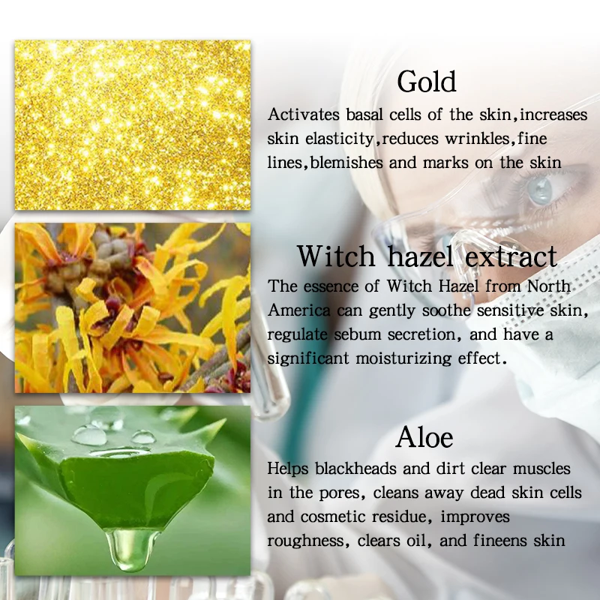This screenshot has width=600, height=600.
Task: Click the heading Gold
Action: pyautogui.click(x=427, y=81)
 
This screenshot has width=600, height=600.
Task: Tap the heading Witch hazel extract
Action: pyautogui.click(x=427, y=256)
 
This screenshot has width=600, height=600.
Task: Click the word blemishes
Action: pyautogui.click(x=352, y=163)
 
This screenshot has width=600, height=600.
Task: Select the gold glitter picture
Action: pyautogui.click(x=133, y=125)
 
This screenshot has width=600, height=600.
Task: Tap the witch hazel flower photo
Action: pyautogui.click(x=133, y=307)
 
